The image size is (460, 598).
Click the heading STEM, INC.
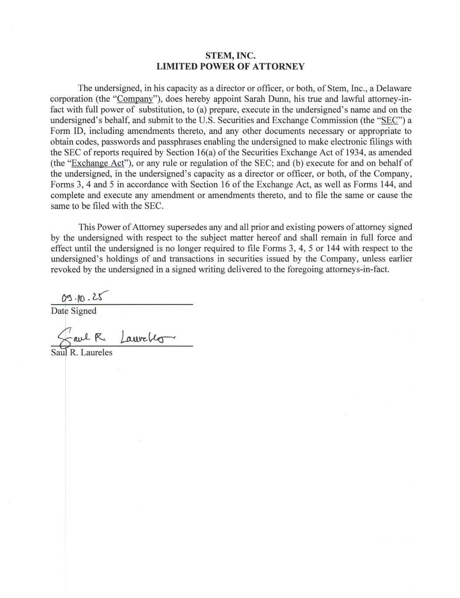coord(230,56)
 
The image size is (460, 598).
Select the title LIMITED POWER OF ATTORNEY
coord(230,67)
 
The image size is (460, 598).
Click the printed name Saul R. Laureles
coord(82,353)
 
